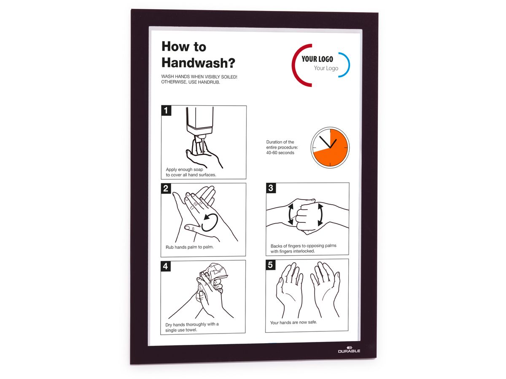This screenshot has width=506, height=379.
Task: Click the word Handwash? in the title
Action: tap(198, 63)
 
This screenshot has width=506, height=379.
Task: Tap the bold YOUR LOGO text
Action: tap(317, 59)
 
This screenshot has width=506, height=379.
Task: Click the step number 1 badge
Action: tap(166, 110)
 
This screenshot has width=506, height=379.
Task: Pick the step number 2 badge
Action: tap(166, 189)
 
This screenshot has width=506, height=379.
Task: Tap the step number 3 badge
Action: tap(271, 188)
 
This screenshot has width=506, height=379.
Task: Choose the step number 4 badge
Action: tap(166, 266)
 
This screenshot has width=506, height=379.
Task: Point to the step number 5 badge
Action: tap(270, 265)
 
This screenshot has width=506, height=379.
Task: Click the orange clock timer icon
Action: tap(330, 147)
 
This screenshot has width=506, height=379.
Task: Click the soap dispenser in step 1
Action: tap(199, 122)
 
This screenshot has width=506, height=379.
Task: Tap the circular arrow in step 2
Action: tap(210, 222)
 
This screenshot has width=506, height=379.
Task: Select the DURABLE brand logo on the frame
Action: tap(349, 350)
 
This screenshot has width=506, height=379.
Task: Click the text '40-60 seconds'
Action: tap(280, 153)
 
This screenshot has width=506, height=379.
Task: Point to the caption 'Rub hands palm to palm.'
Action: tap(189, 247)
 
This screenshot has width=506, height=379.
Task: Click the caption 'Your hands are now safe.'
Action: tap(293, 323)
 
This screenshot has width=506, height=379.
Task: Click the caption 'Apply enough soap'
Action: tap(184, 170)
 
